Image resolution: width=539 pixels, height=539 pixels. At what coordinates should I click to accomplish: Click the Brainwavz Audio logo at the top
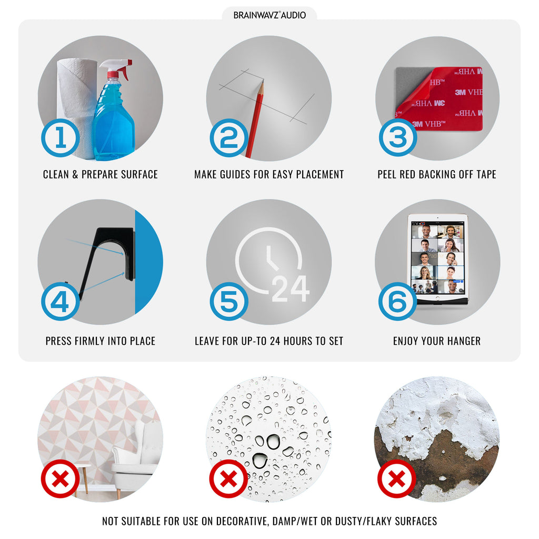pos(269,15)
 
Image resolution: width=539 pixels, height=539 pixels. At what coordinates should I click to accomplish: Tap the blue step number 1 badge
pos(61,138)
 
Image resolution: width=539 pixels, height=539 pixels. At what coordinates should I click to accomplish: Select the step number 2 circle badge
pos(229,138)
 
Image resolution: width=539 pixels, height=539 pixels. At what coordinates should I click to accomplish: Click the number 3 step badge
pos(398,137)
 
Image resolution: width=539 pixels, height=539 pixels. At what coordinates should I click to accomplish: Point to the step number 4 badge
pos(61,302)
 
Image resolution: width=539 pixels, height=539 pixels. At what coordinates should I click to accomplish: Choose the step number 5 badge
pos(229,302)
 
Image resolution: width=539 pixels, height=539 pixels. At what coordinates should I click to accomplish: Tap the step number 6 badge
pos(398,302)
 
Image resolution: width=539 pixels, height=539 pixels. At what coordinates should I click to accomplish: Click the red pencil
pos(255,118)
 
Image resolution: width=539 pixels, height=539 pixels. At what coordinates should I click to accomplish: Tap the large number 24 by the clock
pos(291,289)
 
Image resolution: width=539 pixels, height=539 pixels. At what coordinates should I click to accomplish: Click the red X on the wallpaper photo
pos(61,478)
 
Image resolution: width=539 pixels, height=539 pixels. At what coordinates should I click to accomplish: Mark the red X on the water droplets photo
pos(229,478)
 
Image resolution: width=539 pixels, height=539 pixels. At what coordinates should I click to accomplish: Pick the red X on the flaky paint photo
pos(397,478)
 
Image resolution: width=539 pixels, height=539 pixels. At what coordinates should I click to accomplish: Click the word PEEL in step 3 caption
pos(387,174)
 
